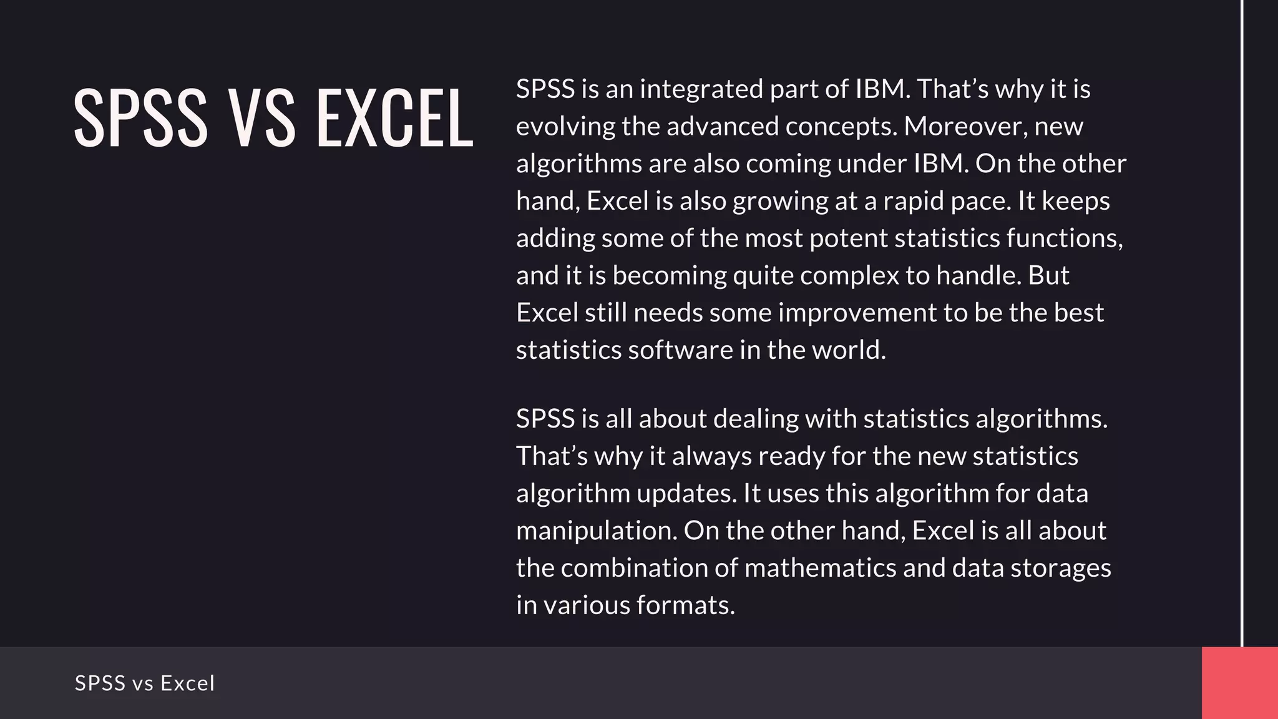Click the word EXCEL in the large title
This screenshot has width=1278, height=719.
[394, 118]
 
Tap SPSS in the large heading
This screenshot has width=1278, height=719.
[141, 118]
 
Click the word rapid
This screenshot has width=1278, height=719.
[913, 201]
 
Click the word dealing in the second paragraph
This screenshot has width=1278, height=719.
[756, 419]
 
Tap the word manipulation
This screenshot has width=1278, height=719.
[596, 531]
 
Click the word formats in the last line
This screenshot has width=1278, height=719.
[686, 605]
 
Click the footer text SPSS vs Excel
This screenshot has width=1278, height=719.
[145, 683]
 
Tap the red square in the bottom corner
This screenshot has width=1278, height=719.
[1239, 683]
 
